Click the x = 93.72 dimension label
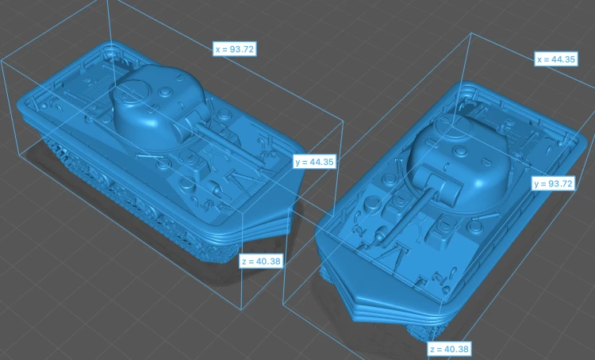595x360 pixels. tap(234, 49)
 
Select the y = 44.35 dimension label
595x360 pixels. tap(315, 162)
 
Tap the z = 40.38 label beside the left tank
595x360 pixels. tap(261, 261)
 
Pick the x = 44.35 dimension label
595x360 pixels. tap(556, 59)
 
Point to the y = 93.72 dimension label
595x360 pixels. tap(553, 184)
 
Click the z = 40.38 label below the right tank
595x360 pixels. tap(450, 349)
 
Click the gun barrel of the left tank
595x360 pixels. tap(228, 144)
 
